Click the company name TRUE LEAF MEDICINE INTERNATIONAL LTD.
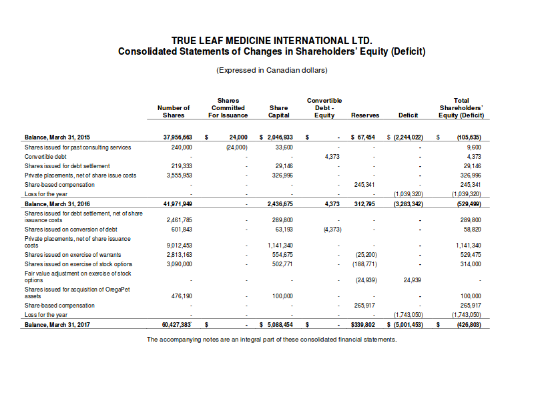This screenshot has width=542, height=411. coord(271,41)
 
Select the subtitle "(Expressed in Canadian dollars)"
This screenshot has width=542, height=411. coord(272,70)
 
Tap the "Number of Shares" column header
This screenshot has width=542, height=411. coord(174,111)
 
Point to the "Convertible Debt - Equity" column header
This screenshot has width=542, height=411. coord(324,107)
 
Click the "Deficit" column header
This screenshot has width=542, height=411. coord(408,115)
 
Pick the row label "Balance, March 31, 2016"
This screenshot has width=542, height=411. coord(57,203)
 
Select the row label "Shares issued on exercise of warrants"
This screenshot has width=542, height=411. coord(73,254)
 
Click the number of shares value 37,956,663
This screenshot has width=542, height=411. coord(178,137)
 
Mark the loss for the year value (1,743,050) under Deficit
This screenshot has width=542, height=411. coord(408,314)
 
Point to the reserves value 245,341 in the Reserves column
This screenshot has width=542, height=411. coord(365,184)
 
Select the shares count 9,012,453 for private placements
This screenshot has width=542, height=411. coord(178,246)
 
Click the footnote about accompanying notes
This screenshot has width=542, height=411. coord(272,339)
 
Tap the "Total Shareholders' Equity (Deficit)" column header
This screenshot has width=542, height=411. coord(461,107)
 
